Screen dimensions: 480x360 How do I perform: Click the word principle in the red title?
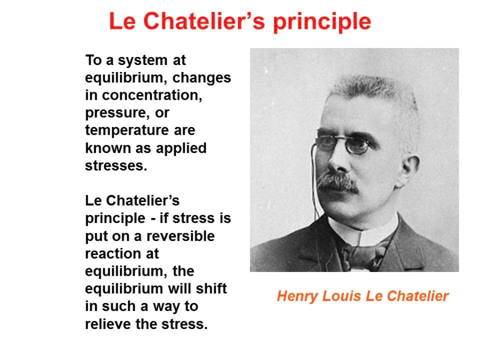tap(322, 22)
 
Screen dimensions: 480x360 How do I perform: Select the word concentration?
tap(152, 95)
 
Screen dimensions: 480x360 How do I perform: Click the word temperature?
tap(127, 131)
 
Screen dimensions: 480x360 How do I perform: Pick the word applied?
tap(181, 149)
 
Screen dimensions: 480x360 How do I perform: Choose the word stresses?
tap(116, 166)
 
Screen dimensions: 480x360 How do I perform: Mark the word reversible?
tap(181, 236)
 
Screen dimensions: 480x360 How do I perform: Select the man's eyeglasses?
tap(343, 145)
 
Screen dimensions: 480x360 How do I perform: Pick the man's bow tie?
tap(364, 255)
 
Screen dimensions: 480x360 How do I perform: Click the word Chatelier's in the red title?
tap(204, 21)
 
